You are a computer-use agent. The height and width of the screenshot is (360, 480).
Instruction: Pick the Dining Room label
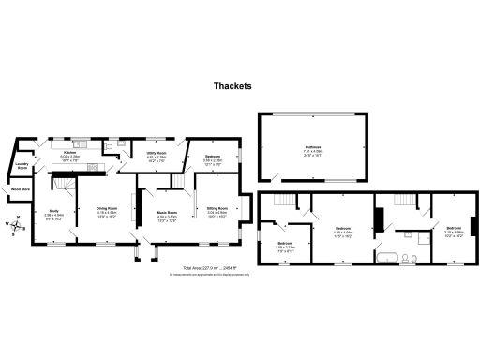pyautogui.click(x=107, y=210)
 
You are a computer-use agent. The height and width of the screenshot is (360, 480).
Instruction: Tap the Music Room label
pyautogui.click(x=167, y=215)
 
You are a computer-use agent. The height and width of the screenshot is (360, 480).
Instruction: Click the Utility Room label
pyautogui.click(x=157, y=154)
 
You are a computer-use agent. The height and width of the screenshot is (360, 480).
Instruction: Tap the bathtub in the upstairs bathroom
pyautogui.click(x=386, y=254)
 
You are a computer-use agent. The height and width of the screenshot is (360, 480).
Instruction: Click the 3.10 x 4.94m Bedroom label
pyautogui.click(x=454, y=231)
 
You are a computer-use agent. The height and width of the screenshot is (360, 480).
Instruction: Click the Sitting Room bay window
pyautogui.click(x=247, y=207)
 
